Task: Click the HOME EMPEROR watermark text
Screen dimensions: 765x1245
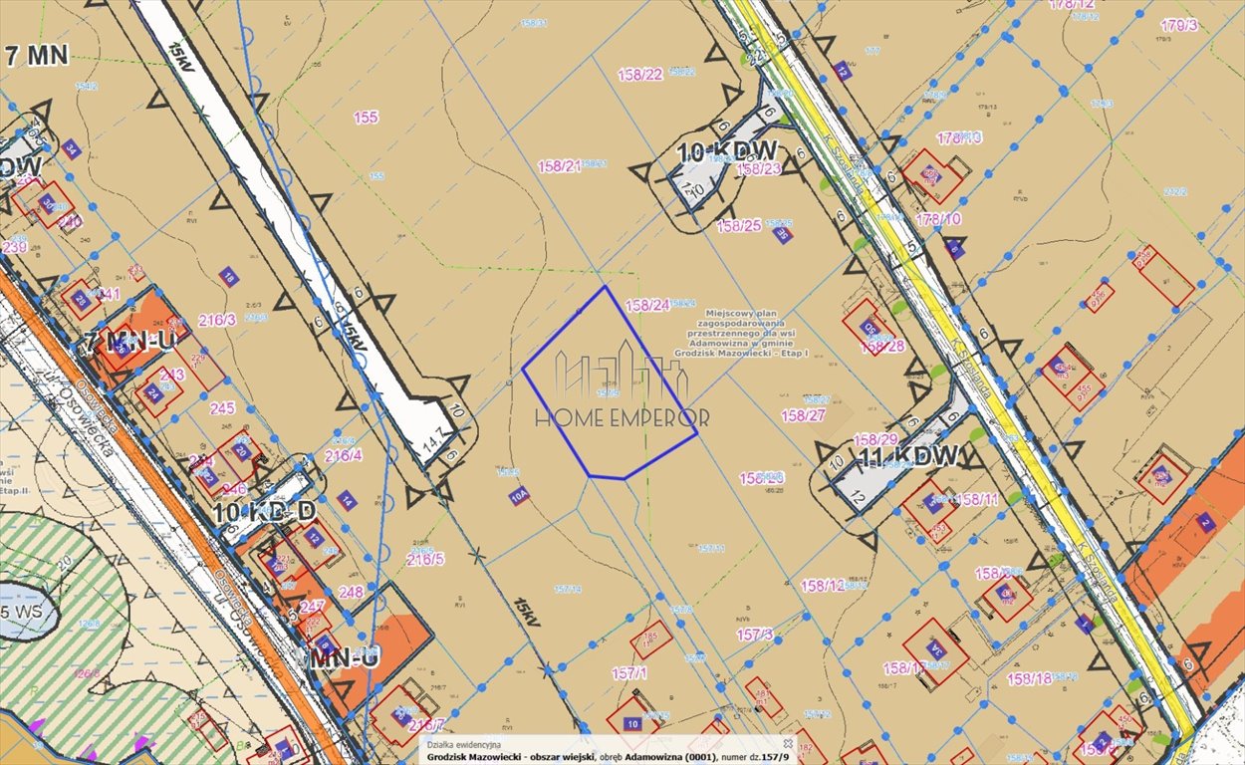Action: pos(622,418)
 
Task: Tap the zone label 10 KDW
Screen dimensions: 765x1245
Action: pos(727,152)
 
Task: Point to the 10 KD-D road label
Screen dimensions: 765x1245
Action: pos(265,512)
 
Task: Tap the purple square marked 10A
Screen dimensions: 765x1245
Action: pos(519,496)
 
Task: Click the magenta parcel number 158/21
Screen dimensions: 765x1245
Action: pos(559,166)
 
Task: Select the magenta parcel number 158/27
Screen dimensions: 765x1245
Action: pos(803,415)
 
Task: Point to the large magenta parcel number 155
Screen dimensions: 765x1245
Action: pos(366,118)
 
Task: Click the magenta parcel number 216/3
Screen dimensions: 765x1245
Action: pos(217,320)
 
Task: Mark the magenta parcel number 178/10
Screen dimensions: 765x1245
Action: pos(938,218)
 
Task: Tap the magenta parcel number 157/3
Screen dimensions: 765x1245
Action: pos(754,634)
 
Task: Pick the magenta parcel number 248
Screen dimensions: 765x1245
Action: pos(351,592)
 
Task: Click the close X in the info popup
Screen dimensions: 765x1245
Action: pos(787,743)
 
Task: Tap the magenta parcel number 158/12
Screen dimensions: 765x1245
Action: pos(823,586)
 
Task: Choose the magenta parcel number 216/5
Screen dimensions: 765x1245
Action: pos(425,559)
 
